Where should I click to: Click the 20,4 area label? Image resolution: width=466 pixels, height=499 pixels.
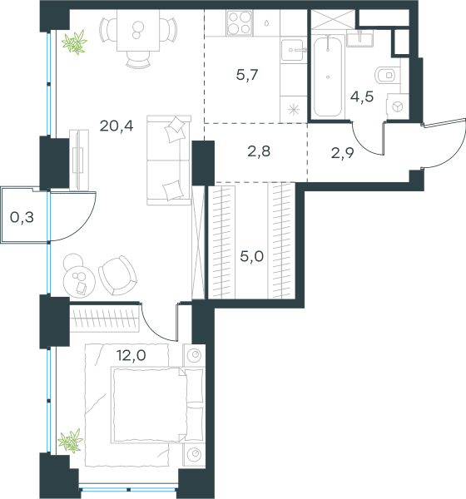(116, 126)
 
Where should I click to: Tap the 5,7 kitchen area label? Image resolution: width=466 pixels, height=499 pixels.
(247, 75)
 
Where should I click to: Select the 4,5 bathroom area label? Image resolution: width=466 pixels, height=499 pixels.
(362, 96)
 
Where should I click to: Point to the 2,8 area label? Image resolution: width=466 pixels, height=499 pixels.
(259, 151)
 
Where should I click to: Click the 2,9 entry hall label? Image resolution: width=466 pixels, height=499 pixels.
(342, 153)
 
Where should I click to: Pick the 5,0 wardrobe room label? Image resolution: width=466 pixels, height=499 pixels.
(251, 256)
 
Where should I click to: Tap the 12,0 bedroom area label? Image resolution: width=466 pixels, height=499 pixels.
(131, 355)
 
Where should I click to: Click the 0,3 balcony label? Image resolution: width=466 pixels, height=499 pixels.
(22, 218)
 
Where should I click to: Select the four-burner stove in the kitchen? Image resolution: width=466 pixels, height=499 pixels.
(240, 23)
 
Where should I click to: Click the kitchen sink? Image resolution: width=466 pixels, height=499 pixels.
(293, 50)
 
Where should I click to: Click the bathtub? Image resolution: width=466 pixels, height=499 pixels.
(328, 77)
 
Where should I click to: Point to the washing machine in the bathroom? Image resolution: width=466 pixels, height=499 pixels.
(397, 106)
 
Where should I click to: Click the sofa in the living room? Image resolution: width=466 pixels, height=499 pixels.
(169, 160)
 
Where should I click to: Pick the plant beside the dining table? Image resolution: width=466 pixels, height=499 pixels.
(75, 42)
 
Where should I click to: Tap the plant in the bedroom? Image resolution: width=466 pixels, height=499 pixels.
(71, 441)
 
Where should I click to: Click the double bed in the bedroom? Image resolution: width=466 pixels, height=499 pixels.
(156, 405)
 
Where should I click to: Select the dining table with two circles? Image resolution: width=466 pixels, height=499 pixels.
(138, 30)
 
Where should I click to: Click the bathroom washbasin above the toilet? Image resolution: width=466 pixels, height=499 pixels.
(360, 38)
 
